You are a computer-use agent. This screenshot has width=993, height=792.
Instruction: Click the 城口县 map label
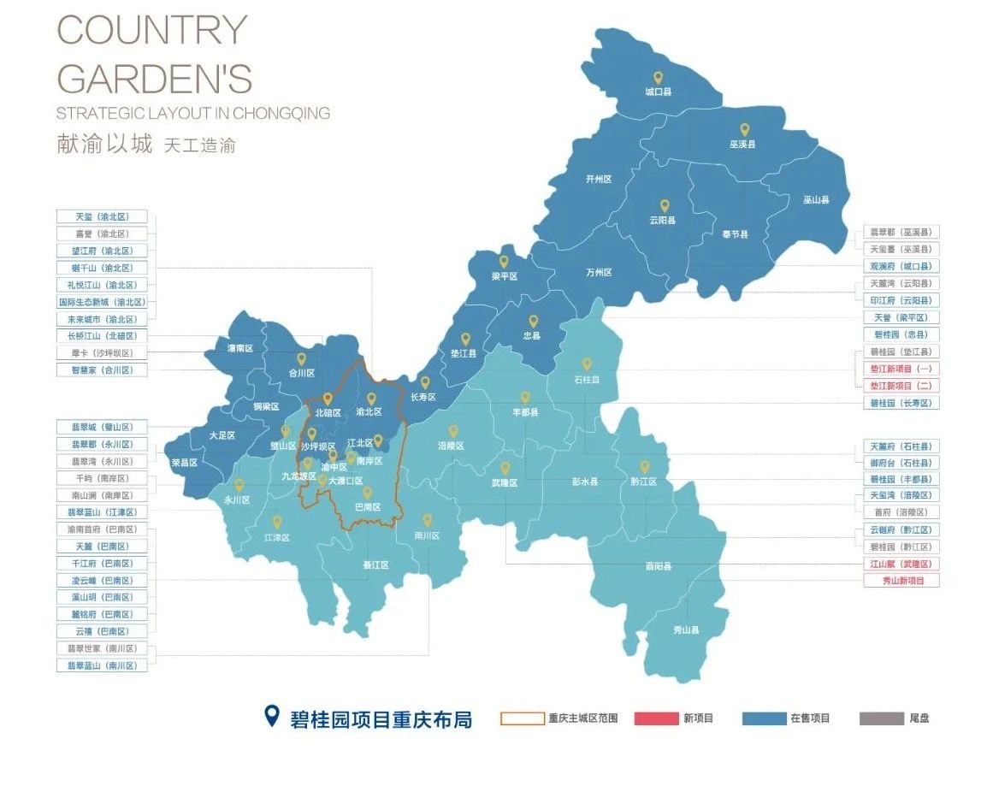658,92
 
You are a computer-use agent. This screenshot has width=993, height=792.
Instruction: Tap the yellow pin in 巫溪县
744,130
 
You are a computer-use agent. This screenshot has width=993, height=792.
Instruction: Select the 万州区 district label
599,273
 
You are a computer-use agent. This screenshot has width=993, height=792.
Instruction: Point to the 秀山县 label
686,630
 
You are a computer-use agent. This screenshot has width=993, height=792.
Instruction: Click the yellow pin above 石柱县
587,364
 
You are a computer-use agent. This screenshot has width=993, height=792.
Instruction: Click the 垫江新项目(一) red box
901,369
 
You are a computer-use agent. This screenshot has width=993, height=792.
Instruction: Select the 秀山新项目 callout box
901,581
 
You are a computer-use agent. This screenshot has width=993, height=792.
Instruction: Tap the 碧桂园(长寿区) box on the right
901,403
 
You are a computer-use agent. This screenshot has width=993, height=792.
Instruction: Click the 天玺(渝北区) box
102,217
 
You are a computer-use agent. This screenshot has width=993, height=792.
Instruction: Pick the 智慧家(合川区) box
102,370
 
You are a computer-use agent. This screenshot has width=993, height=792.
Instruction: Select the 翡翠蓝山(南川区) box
102,665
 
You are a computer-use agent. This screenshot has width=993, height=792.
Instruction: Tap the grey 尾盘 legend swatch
881,718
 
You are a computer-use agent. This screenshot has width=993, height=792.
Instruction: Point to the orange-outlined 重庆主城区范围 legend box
522,718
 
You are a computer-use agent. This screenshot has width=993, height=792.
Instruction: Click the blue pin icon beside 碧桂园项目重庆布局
272,716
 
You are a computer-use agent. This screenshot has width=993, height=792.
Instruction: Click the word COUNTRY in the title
151,31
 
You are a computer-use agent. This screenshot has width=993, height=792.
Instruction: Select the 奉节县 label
735,234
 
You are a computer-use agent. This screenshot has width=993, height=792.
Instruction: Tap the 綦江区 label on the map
375,565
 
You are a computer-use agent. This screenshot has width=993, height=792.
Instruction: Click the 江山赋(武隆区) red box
901,564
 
